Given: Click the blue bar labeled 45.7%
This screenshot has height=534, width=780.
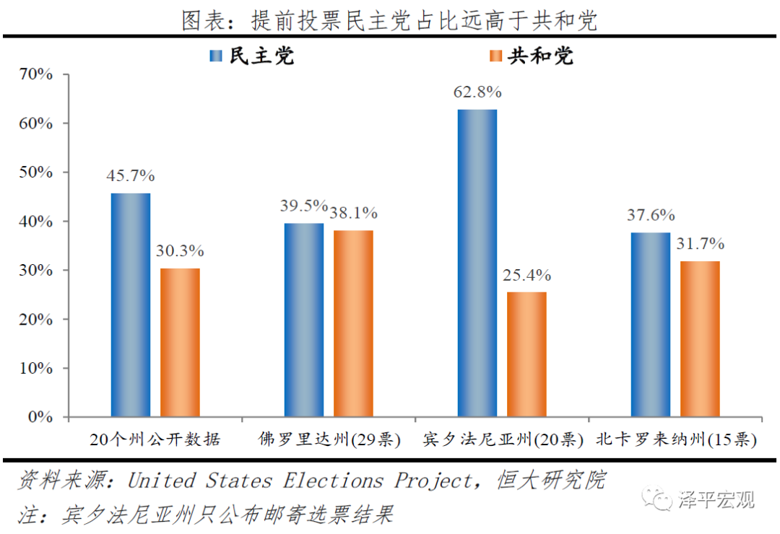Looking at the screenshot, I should pyautogui.click(x=131, y=305).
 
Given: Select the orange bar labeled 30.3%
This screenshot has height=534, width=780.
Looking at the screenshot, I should pyautogui.click(x=180, y=342).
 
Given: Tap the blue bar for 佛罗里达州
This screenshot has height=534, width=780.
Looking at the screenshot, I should pyautogui.click(x=304, y=320).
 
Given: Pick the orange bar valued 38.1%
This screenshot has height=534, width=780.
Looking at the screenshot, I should pyautogui.click(x=353, y=323).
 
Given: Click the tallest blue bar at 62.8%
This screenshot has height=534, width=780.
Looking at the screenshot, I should pyautogui.click(x=477, y=263).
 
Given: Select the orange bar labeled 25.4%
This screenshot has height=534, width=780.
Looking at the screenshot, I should pyautogui.click(x=526, y=354).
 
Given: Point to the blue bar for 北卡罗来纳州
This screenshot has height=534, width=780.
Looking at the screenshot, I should pyautogui.click(x=651, y=324).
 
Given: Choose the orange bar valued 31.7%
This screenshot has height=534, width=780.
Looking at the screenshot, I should pyautogui.click(x=700, y=338).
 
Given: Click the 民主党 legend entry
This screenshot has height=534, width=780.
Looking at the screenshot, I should pyautogui.click(x=252, y=56).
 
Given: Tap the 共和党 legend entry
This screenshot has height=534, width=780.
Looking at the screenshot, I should pyautogui.click(x=531, y=56).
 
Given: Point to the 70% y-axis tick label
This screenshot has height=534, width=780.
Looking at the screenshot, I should pyautogui.click(x=35, y=74).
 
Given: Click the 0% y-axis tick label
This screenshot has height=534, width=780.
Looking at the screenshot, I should pyautogui.click(x=40, y=417).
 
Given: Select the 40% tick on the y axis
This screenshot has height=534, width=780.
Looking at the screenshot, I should pyautogui.click(x=35, y=222).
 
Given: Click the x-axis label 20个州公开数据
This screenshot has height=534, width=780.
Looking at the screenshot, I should pyautogui.click(x=155, y=439).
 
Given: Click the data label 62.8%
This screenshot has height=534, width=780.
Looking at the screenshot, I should pyautogui.click(x=477, y=92).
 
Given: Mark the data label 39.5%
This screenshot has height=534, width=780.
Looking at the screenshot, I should pyautogui.click(x=304, y=206).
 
